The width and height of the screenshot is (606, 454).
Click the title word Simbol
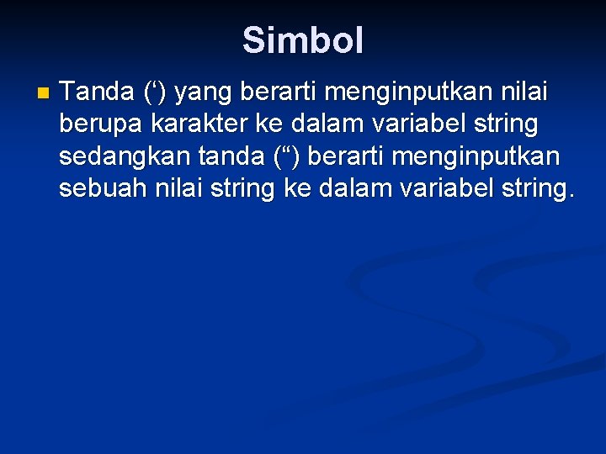tap(303, 40)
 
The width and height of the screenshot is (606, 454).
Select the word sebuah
tap(104, 188)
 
